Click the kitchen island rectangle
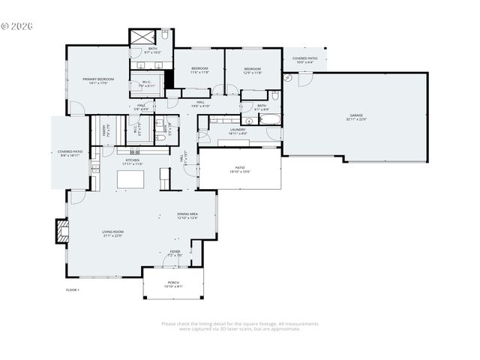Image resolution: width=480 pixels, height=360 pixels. click(x=133, y=180)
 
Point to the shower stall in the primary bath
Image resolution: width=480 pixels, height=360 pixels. click(x=141, y=37)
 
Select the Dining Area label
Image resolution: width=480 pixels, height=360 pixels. click(x=187, y=216)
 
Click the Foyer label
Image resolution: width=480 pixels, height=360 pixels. click(x=175, y=253)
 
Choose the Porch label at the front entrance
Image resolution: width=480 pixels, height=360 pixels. click(x=173, y=283)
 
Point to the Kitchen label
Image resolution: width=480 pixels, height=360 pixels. click(x=133, y=160)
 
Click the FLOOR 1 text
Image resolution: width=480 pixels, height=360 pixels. click(x=73, y=289)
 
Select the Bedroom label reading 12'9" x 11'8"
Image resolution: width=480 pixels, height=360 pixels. click(x=252, y=70)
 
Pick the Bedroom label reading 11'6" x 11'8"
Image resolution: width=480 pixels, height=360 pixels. click(x=199, y=70)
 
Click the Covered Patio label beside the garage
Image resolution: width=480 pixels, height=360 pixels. click(x=304, y=58)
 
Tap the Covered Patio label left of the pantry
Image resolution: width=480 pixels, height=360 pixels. click(x=70, y=152)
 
